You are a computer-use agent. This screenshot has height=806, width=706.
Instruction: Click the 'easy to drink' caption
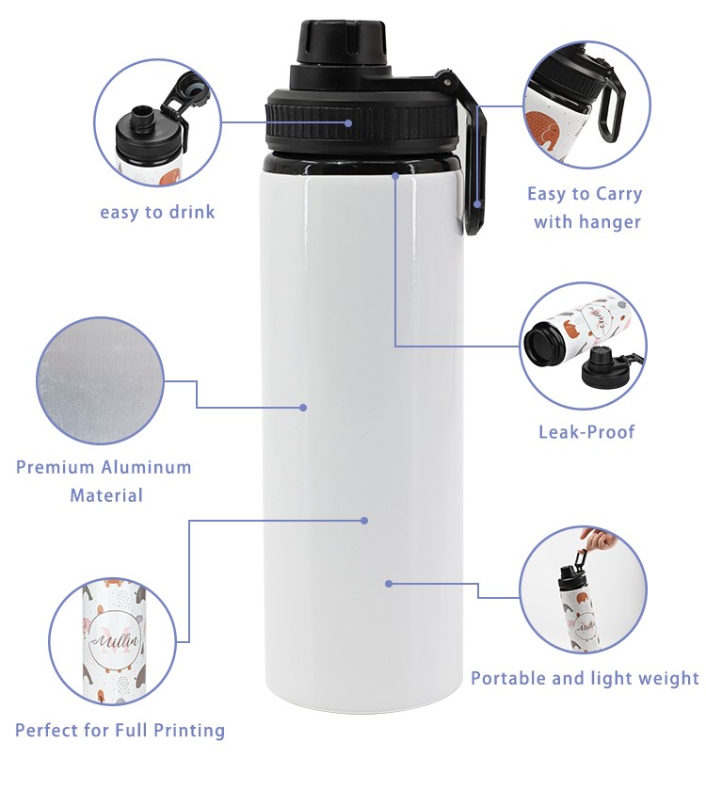pyautogui.click(x=157, y=212)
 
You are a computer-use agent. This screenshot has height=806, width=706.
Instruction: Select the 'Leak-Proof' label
pyautogui.click(x=586, y=432)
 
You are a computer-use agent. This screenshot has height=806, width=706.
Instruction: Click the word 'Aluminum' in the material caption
pyautogui.click(x=148, y=467)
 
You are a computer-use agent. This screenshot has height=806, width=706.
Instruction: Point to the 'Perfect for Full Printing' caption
pyautogui.click(x=120, y=730)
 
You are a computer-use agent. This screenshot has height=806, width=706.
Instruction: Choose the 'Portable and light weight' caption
pyautogui.click(x=585, y=678)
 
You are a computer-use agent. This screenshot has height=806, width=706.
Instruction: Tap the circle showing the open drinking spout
pyautogui.click(x=158, y=122)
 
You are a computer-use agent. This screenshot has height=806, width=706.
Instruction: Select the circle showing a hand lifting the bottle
pyautogui.click(x=584, y=589)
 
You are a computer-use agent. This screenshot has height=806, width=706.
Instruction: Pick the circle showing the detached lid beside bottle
pyautogui.click(x=584, y=346)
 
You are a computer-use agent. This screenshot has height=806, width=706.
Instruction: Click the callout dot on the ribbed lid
pyautogui.click(x=348, y=122)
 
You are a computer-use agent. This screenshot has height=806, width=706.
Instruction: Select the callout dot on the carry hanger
pyautogui.click(x=478, y=203)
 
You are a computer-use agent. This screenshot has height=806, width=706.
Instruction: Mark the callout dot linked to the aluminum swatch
pyautogui.click(x=303, y=408)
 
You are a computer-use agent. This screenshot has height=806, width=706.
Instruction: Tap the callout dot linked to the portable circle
pyautogui.click(x=388, y=584)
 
